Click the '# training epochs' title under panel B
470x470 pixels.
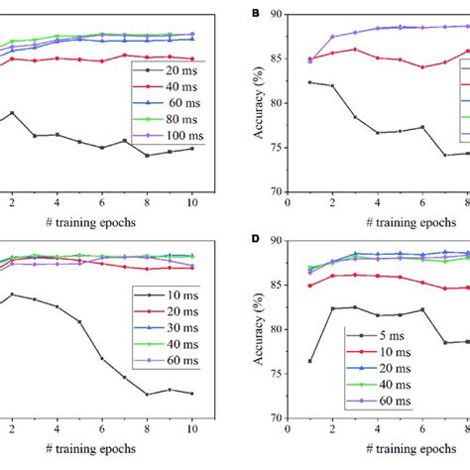click(x=376, y=222)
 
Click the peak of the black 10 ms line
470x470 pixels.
click(x=12, y=294)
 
